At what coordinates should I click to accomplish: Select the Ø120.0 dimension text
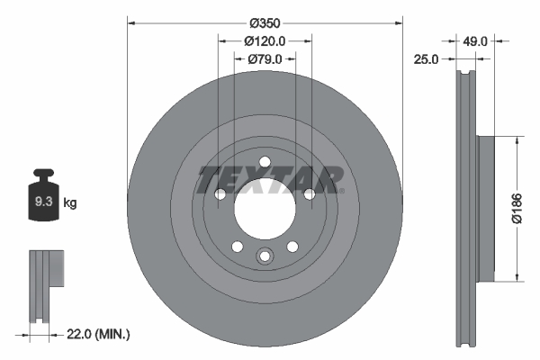pyautogui.click(x=265, y=40)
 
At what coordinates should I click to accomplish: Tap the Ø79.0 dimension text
pyautogui.click(x=265, y=59)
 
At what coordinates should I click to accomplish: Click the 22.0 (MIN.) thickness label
pyautogui.click(x=99, y=334)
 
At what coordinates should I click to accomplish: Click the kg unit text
pyautogui.click(x=70, y=203)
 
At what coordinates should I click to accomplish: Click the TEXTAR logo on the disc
pyautogui.click(x=269, y=179)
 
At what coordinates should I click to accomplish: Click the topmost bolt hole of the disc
pyautogui.click(x=265, y=163)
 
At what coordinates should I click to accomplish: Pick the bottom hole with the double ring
pyautogui.click(x=265, y=256)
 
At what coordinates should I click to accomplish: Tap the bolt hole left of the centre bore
pyautogui.click(x=220, y=193)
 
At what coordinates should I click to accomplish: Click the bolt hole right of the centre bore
pyautogui.click(x=310, y=193)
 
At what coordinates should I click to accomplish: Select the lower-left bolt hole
pyautogui.click(x=237, y=247)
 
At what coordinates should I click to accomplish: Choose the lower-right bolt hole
pyautogui.click(x=292, y=247)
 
